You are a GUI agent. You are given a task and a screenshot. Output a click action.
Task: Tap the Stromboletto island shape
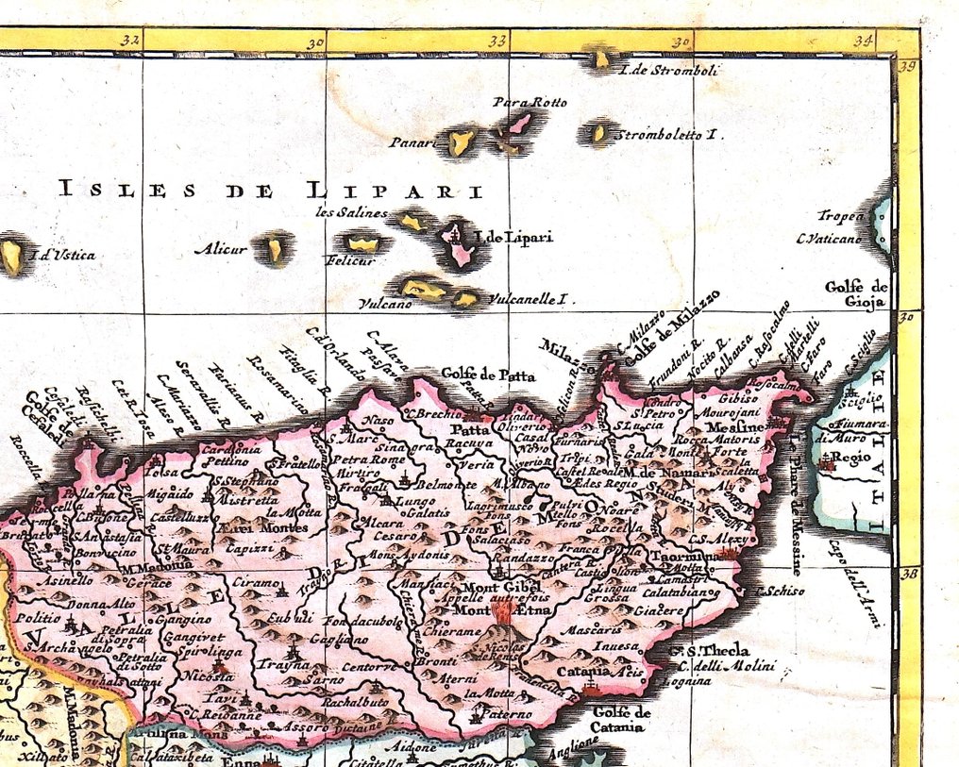point(597,133)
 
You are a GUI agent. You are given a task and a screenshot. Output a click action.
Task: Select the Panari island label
point(412,143)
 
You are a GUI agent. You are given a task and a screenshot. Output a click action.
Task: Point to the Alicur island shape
point(275,249)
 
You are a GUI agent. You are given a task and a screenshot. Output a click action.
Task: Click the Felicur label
point(350,260)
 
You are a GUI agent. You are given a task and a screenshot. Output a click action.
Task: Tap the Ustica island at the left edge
point(12,256)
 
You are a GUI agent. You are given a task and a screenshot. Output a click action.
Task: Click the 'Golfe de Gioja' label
point(856,294)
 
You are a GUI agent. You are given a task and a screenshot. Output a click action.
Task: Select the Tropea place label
point(840,216)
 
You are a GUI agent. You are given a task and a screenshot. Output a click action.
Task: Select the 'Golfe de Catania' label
point(624,719)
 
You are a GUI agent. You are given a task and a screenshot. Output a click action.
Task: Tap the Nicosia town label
point(208,676)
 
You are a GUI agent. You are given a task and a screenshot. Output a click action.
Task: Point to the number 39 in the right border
point(908,66)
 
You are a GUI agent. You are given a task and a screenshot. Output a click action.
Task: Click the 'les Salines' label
point(351,212)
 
